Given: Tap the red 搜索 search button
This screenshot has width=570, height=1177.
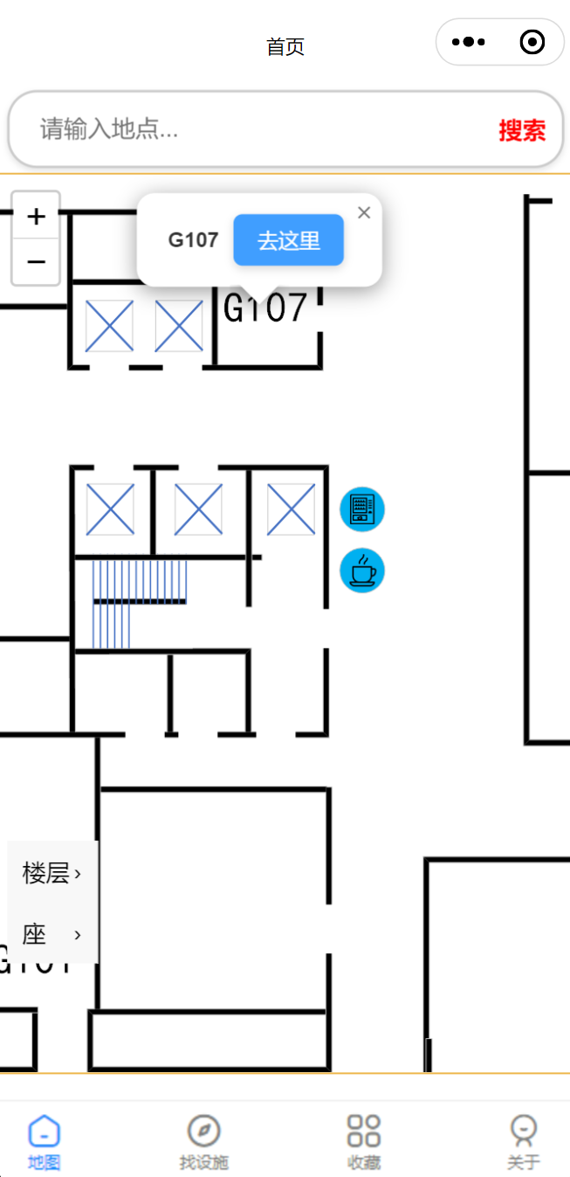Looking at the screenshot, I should [522, 131].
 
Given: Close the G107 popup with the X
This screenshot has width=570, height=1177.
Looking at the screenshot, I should [364, 212].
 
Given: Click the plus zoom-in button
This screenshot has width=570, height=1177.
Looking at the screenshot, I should [36, 216].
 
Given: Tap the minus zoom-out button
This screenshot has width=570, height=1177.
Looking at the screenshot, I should [36, 261].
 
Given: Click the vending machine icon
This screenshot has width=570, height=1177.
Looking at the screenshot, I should [361, 509].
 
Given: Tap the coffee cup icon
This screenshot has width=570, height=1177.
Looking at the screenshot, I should [361, 571].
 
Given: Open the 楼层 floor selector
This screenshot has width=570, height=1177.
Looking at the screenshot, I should [52, 873].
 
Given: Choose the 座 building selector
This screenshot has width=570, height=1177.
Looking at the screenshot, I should [52, 935].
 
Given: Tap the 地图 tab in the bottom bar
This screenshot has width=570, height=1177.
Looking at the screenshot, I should [44, 1142].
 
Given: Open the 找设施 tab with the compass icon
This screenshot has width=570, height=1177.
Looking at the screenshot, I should [203, 1142].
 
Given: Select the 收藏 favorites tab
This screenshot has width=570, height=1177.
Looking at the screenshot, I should [363, 1142].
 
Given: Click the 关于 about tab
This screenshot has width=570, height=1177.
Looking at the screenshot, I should [523, 1142].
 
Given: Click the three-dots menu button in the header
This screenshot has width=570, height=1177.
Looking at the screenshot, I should [469, 42].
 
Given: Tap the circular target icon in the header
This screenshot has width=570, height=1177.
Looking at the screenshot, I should [532, 42].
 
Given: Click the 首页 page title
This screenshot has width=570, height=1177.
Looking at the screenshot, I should [285, 47].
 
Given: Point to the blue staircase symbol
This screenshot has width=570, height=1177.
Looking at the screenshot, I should [139, 603].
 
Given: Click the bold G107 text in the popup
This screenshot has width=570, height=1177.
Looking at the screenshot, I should [193, 240].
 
